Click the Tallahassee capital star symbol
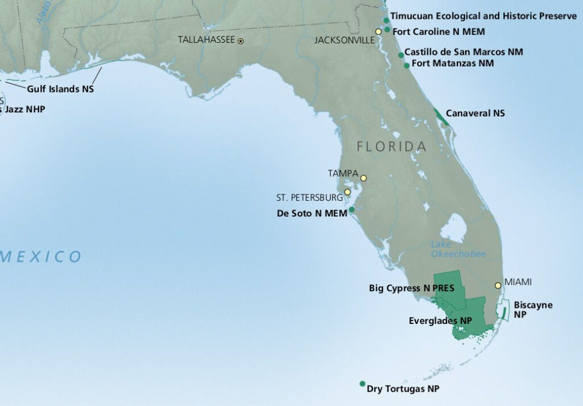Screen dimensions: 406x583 [240, 41]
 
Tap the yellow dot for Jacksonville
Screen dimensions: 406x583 [378, 31]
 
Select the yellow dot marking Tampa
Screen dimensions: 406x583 [363, 178]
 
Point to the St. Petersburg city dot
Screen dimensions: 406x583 [347, 192]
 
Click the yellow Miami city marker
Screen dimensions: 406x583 [498, 285]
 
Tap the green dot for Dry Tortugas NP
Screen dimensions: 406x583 [362, 384]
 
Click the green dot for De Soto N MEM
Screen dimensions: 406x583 [351, 209]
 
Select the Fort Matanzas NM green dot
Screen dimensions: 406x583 [407, 66]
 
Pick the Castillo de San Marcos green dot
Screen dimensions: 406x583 [401, 55]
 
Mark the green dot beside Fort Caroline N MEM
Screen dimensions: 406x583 [387, 30]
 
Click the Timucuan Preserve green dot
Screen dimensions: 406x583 [386, 21]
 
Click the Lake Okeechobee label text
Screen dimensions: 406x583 [458, 249]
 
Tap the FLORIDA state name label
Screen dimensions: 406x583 [391, 147]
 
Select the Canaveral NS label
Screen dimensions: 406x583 [475, 113]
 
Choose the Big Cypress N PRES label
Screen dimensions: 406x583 [411, 289]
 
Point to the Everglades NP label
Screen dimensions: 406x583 [440, 321]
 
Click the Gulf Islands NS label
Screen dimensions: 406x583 [60, 89]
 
